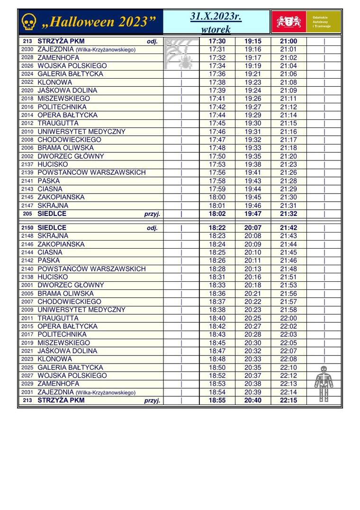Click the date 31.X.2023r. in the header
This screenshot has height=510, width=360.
point(216,17)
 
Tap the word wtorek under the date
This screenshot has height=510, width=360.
point(216,29)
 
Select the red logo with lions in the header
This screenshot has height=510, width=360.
point(288,22)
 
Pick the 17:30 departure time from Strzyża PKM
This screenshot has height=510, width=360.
point(217,41)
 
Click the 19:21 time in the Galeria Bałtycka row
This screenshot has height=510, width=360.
point(253,74)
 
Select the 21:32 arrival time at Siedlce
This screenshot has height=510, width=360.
point(288,214)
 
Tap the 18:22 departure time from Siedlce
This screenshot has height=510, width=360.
point(217,228)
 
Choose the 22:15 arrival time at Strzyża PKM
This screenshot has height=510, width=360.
point(288,400)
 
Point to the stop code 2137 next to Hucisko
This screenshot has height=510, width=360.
point(27,164)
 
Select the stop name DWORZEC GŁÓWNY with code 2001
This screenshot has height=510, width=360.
point(71,285)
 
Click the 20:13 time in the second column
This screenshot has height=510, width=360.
point(253,269)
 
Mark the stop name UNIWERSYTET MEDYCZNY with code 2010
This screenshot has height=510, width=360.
point(81,132)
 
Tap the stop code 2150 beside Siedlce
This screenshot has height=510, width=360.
point(27,228)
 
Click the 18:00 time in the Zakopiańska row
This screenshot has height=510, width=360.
point(217,197)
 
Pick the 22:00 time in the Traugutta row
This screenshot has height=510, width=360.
point(288,318)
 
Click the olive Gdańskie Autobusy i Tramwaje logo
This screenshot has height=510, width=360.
point(324,22)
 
